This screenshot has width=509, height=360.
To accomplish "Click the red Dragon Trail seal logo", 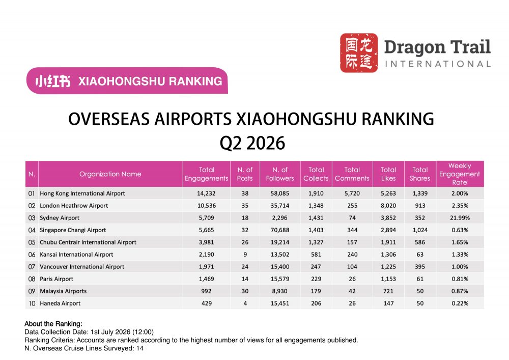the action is tap(359, 52).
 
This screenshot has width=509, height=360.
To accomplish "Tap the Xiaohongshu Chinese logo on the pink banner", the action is tap(53, 81).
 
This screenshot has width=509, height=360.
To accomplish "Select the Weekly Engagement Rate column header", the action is tap(459, 174).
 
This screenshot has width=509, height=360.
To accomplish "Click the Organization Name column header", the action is tap(110, 174).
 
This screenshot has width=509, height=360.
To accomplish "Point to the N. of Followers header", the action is tap(280, 174).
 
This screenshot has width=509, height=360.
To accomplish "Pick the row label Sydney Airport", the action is tap(60, 218).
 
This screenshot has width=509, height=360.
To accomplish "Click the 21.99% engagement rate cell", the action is tap(460, 218).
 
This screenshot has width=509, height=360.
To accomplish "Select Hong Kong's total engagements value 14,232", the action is tap(207, 193).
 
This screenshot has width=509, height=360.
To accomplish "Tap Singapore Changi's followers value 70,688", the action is tap(280, 230).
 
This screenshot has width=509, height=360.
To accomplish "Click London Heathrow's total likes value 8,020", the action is tap(388, 206).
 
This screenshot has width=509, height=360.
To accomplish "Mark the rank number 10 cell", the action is tap(32, 303).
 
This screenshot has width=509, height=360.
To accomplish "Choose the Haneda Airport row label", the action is tap(60, 303).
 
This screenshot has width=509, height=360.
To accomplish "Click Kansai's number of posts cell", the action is tap(245, 255).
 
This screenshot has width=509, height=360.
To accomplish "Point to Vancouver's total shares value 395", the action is tap(420, 267).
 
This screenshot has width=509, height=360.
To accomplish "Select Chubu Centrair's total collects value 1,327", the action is tap(316, 242).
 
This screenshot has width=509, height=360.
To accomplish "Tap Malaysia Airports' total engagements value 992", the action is tap(207, 291).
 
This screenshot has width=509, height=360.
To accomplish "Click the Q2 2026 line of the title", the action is tap(252, 143).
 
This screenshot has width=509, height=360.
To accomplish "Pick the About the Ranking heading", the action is tap(53, 324).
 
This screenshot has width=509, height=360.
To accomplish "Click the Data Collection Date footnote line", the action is tap(89, 332).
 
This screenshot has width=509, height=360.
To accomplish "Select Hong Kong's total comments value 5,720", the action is tap(352, 193).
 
